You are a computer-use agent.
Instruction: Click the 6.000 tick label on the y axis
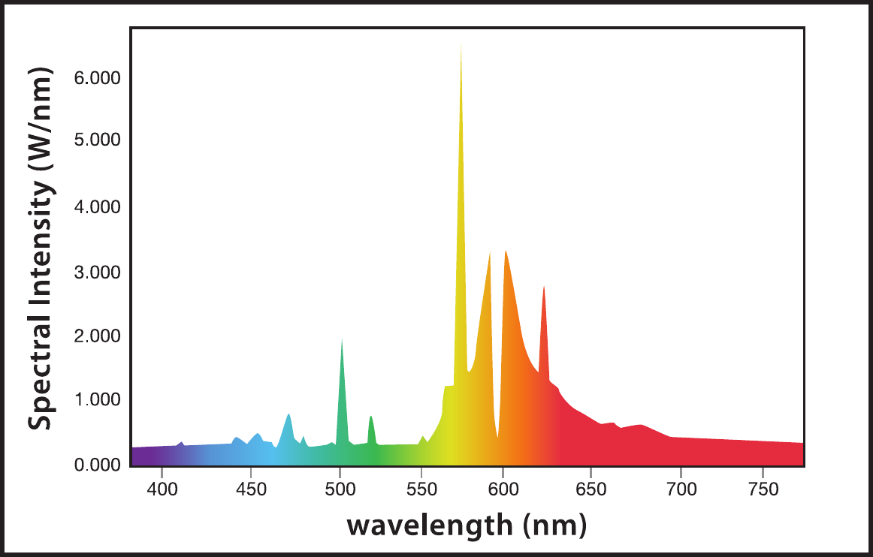[x=98, y=78]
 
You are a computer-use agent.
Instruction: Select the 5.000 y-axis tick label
[x=98, y=141]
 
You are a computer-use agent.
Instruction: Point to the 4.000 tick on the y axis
[x=98, y=206]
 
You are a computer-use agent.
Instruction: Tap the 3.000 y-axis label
[x=98, y=272]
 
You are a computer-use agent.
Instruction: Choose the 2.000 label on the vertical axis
[x=98, y=336]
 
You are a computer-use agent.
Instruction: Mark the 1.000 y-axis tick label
[x=98, y=400]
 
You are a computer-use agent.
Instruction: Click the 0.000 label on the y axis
[x=98, y=465]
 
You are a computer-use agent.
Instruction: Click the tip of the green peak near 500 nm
[x=342, y=339]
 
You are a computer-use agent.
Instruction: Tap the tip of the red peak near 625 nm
[x=543, y=286]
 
